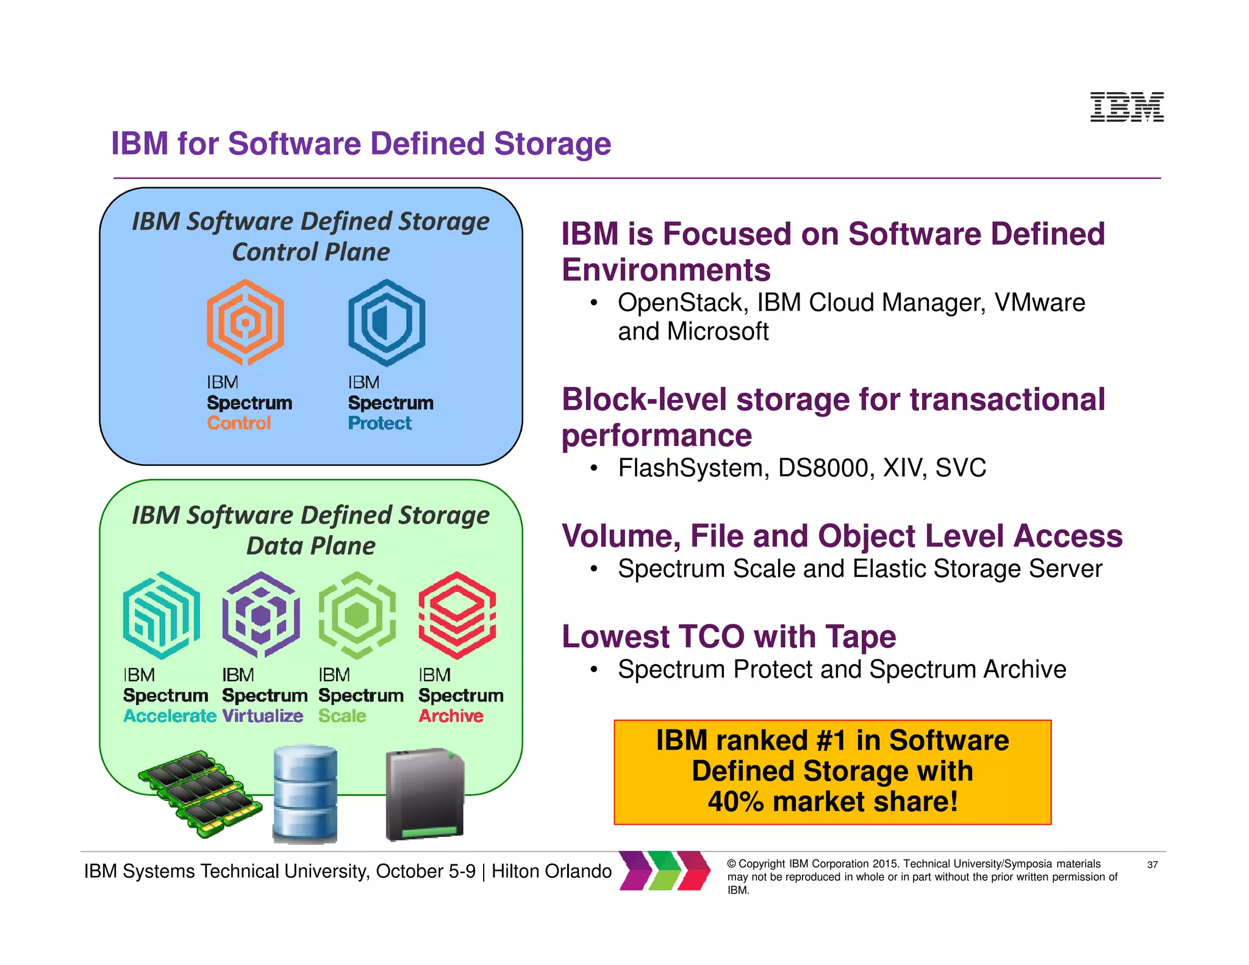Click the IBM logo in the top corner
(1126, 107)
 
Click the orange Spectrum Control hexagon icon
(245, 322)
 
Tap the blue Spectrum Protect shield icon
(387, 322)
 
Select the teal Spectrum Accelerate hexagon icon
(162, 615)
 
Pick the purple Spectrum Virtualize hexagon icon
(261, 615)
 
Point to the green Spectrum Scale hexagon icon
(357, 615)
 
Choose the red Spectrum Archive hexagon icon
(457, 615)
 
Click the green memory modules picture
(200, 793)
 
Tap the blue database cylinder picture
(305, 794)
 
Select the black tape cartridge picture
(425, 794)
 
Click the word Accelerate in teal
(170, 716)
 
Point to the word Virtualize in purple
(262, 716)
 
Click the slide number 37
(1152, 865)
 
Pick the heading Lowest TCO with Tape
(729, 637)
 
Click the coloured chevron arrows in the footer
(665, 870)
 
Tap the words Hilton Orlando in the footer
(551, 872)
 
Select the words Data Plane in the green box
(311, 546)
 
